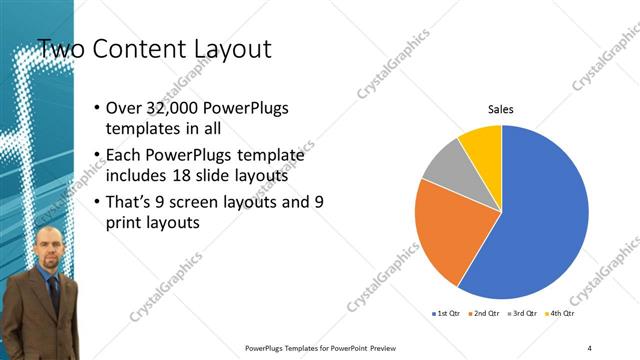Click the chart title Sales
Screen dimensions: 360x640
tap(501, 110)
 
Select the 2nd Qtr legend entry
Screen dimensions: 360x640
tap(485, 313)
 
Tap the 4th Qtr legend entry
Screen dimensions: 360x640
tap(562, 313)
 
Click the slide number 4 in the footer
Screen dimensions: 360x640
tap(589, 347)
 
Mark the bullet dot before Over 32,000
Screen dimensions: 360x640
tap(95, 108)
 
